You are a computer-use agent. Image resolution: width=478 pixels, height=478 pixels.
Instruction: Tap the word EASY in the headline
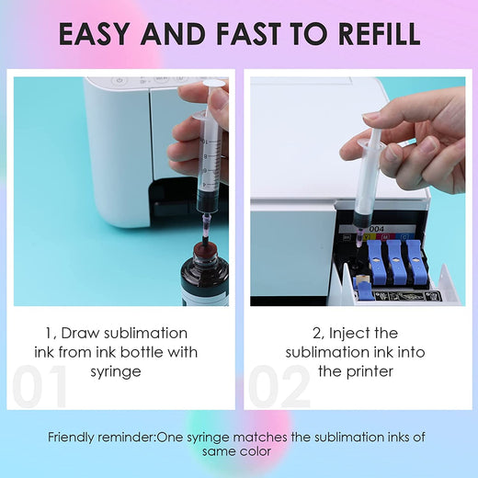(94, 33)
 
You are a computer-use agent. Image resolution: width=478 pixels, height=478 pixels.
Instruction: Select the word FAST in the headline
(248, 33)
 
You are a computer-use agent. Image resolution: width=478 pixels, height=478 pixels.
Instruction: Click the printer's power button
(119, 81)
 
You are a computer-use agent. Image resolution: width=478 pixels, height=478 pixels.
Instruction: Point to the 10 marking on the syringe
(204, 142)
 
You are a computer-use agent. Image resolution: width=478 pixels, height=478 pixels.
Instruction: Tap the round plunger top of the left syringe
(215, 84)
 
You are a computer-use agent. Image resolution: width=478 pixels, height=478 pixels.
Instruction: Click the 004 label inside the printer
(377, 229)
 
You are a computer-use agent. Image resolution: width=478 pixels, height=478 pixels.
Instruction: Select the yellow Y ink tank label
(367, 237)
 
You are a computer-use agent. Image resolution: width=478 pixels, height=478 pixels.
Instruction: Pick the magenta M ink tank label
(385, 236)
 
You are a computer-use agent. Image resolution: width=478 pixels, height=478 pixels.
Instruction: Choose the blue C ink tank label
(404, 236)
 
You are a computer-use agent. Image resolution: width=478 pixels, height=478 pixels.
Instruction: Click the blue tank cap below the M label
(395, 262)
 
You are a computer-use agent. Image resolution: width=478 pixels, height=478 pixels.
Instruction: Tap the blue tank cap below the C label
(415, 261)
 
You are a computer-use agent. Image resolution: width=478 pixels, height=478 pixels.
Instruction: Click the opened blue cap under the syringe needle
(365, 290)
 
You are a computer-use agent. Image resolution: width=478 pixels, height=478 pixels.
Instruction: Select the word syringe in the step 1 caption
(116, 372)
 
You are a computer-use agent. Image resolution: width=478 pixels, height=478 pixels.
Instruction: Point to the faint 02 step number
(279, 386)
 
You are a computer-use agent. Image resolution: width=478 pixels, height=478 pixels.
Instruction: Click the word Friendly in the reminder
(71, 437)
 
